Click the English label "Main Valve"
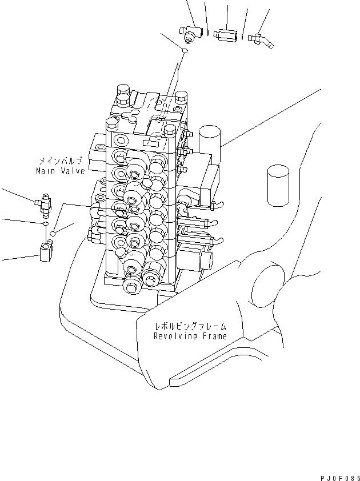tap(60, 171)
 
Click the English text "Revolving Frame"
tap(190, 336)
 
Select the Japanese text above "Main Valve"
tap(62, 162)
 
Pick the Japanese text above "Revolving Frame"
tap(190, 326)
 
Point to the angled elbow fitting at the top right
tap(262, 39)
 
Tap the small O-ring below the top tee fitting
tap(185, 52)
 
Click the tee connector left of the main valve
tap(43, 203)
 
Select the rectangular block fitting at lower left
tap(46, 250)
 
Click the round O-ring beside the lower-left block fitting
tap(53, 233)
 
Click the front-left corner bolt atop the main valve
tap(111, 123)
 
